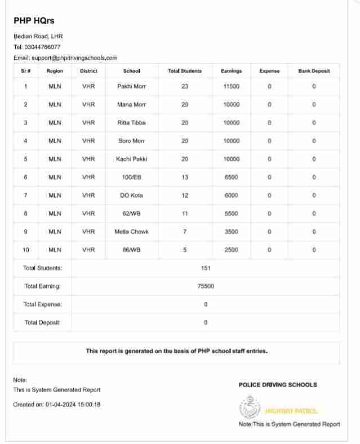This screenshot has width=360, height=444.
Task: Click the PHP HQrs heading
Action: (34, 21)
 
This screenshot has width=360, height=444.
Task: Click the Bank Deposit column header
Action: (314, 71)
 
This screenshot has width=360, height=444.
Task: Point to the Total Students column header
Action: (185, 71)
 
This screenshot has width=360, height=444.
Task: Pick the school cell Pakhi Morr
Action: (131, 86)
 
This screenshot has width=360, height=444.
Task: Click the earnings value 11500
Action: (231, 86)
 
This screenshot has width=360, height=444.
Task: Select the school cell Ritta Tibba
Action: (131, 123)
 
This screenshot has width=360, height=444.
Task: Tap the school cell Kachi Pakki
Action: (131, 159)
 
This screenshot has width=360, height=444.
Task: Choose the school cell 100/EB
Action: (131, 177)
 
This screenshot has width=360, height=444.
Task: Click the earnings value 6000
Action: (231, 195)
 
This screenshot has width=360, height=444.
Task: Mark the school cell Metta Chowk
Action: (131, 232)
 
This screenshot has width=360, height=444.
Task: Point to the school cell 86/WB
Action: (131, 250)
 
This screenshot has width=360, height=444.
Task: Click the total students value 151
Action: (206, 268)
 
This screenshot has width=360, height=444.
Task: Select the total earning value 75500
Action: (206, 286)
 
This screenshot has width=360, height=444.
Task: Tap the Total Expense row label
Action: (43, 304)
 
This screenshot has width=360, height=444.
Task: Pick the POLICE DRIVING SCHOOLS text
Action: (278, 385)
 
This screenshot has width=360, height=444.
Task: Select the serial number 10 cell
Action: (25, 250)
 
